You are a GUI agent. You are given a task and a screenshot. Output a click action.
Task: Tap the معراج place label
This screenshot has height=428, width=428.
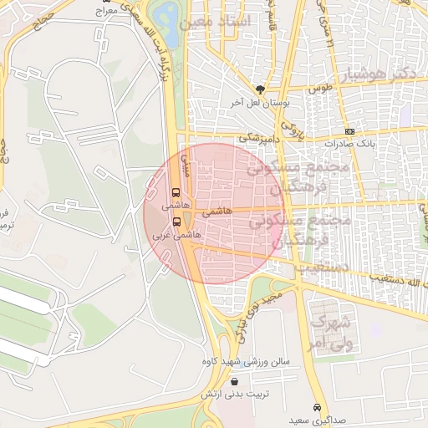click(106, 11)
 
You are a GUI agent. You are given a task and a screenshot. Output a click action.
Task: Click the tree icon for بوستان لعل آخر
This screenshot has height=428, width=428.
click(261, 88)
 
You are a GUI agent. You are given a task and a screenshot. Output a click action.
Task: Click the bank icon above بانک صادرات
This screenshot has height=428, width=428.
click(349, 130)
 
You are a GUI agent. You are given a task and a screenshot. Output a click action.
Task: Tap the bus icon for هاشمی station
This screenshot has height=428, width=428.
click(175, 191)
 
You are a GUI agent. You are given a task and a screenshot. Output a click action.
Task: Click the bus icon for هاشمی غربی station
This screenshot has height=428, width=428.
click(176, 222)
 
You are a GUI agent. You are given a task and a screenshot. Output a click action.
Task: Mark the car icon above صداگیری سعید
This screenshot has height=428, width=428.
click(316, 407)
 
